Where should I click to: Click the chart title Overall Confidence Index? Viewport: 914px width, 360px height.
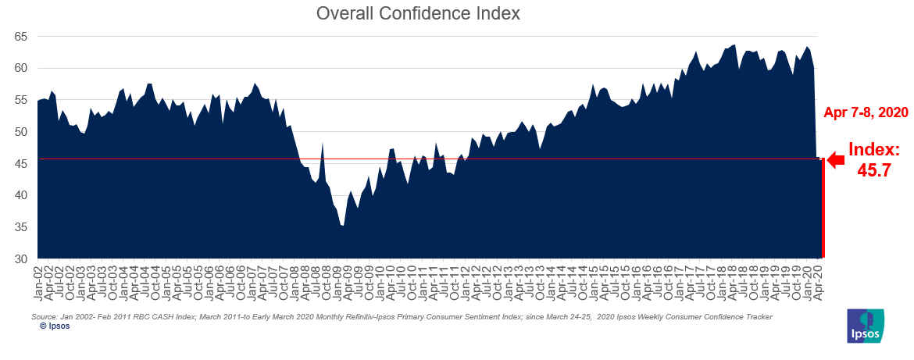(x=417, y=14)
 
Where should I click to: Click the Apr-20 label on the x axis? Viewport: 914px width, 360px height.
(x=819, y=283)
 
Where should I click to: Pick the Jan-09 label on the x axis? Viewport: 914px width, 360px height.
(x=340, y=283)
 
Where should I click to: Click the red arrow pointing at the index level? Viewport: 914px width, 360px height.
(x=836, y=160)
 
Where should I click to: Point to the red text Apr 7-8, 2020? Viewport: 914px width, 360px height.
(x=866, y=112)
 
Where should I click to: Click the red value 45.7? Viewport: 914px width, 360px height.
(x=874, y=171)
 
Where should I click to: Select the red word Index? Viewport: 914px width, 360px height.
(x=874, y=150)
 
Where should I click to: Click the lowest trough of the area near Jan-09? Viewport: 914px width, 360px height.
(x=342, y=226)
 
